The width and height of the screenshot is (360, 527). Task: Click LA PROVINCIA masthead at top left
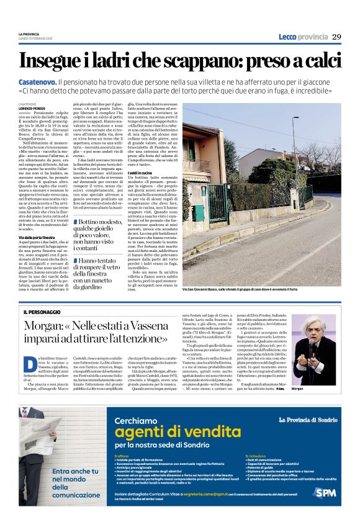tap(28, 34)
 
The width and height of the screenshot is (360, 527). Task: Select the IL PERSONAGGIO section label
tap(43, 311)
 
